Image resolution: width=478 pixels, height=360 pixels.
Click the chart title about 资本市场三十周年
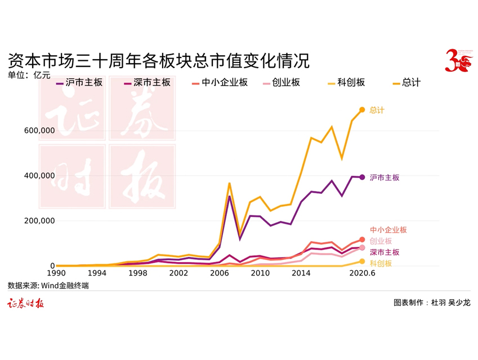pos(159,60)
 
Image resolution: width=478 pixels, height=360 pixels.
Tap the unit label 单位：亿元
pos(29,74)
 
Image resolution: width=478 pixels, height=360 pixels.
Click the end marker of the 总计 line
pos(362,110)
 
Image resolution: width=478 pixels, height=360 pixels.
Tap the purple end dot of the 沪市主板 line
pos(362,177)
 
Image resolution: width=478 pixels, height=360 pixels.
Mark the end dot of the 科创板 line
pos(362,261)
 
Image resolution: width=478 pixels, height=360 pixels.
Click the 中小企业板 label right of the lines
pos(388,230)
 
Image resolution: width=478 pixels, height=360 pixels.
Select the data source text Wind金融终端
pos(48,286)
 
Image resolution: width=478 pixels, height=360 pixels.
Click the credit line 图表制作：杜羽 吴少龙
pos(432,303)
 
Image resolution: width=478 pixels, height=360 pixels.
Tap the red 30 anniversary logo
pos(456,60)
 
